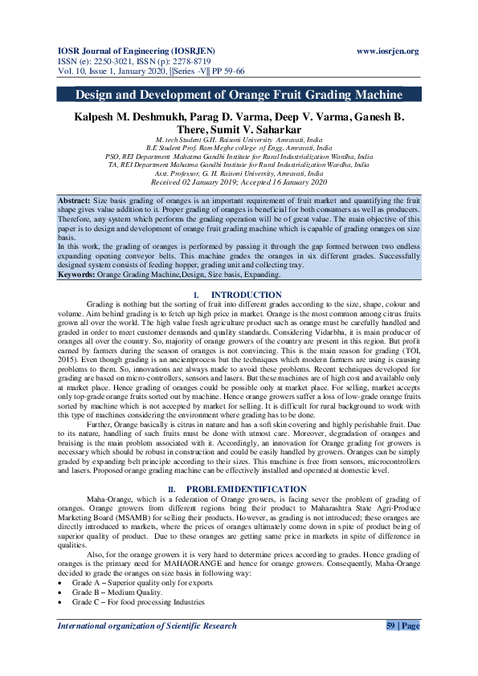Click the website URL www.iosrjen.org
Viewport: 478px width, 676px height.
[x=387, y=51]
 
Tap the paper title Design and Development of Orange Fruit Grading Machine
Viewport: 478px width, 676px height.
[x=239, y=95]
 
